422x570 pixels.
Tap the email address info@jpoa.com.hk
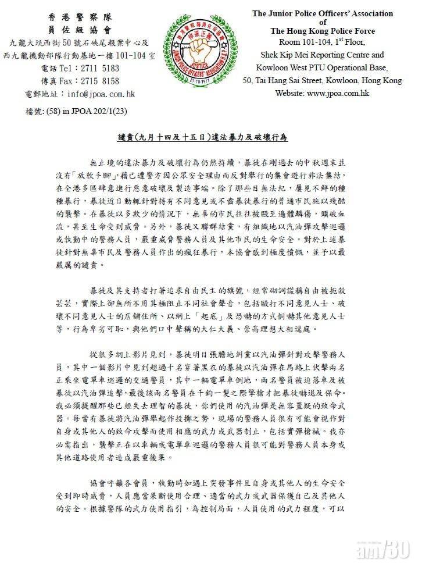pos(101,94)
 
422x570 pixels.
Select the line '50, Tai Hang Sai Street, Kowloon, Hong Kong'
pos(322,80)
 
